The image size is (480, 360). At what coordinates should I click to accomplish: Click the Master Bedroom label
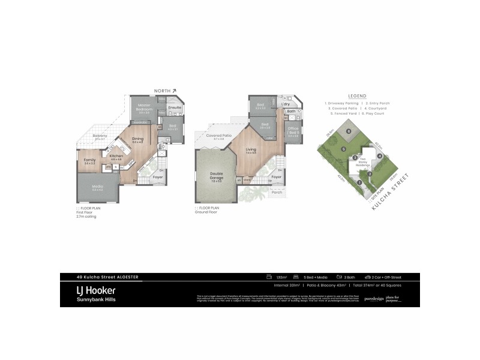click(144, 109)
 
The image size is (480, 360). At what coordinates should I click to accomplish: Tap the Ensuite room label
click(175, 107)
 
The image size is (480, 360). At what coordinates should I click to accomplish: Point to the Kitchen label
click(116, 156)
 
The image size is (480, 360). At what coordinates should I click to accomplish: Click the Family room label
click(90, 160)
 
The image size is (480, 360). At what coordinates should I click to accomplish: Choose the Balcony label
click(100, 137)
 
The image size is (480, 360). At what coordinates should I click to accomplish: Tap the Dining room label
click(137, 139)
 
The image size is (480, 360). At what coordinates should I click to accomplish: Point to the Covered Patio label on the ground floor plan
click(219, 136)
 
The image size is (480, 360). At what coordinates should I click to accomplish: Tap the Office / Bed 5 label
click(293, 131)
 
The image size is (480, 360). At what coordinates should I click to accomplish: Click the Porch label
click(277, 192)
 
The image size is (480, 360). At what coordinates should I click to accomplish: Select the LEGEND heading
click(357, 96)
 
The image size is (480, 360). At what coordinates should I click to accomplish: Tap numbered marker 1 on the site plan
click(359, 183)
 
